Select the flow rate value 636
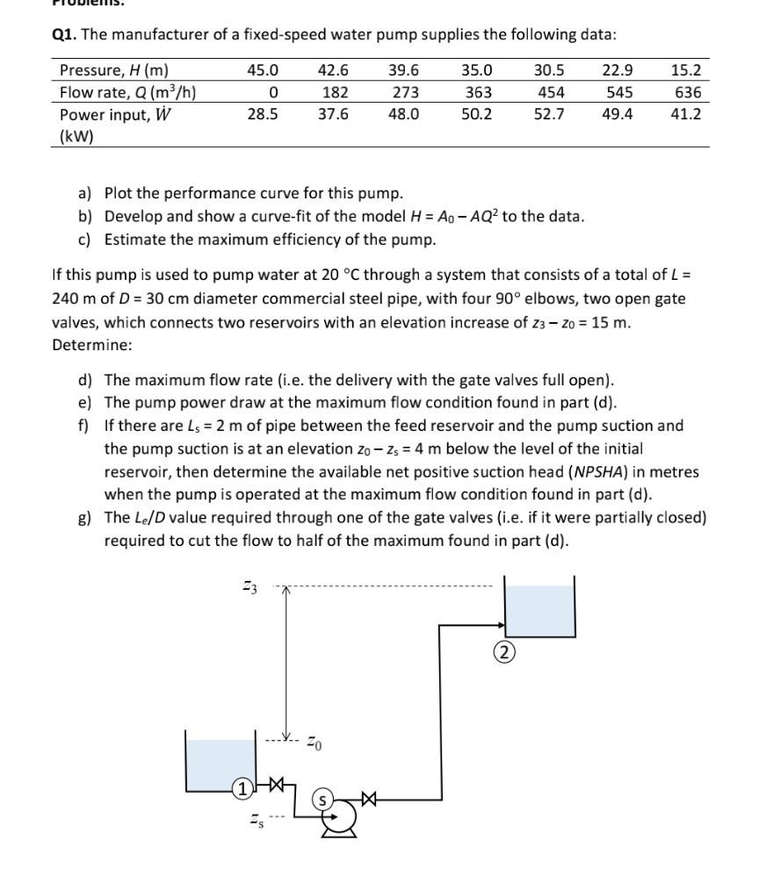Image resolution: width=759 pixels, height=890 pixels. pyautogui.click(x=686, y=92)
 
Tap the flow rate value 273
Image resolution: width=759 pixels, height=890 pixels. pyautogui.click(x=405, y=92)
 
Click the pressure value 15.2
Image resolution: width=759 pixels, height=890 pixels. pyautogui.click(x=686, y=70)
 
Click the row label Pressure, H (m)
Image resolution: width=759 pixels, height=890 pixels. pyautogui.click(x=113, y=70)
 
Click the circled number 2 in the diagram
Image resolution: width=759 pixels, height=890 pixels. pyautogui.click(x=504, y=653)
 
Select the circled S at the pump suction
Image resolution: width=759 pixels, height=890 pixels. pyautogui.click(x=323, y=799)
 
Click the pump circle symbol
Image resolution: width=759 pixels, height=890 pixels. pyautogui.click(x=337, y=816)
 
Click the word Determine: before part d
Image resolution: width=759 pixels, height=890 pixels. pyautogui.click(x=92, y=345)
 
